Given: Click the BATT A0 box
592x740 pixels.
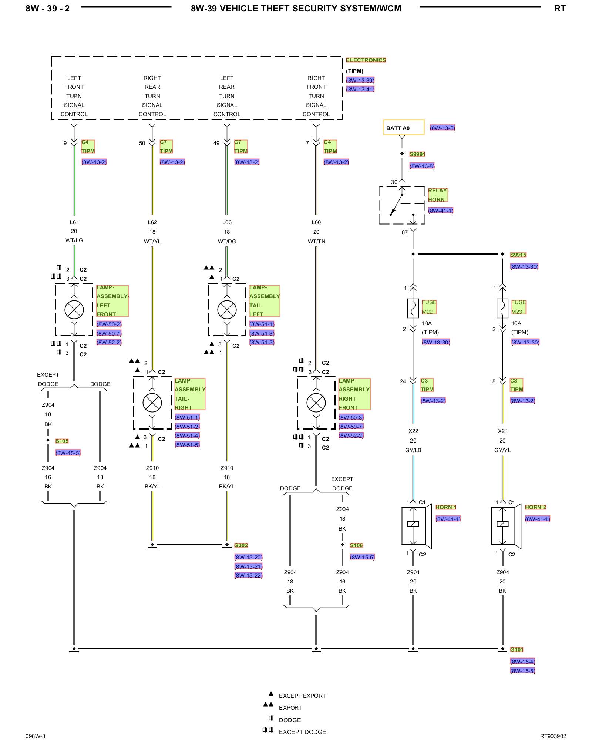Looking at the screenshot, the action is [403, 127].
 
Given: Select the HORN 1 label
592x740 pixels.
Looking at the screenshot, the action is [446, 507].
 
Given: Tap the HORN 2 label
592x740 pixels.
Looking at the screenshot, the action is [535, 507].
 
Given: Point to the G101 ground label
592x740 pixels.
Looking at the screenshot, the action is [517, 650].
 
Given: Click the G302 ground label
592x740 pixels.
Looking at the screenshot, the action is [241, 545].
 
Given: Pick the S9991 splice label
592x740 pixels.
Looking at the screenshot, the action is [417, 154].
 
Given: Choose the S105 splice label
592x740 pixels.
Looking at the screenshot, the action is [62, 441].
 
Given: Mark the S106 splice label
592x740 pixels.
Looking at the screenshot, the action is [356, 545].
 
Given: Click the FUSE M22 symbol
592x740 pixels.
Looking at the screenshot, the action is [413, 308].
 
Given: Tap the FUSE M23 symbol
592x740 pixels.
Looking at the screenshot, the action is [502, 308].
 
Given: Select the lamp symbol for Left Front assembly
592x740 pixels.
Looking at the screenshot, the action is [74, 310].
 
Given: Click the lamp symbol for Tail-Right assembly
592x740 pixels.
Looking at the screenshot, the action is [152, 403].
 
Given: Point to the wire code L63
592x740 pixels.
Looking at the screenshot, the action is [227, 222].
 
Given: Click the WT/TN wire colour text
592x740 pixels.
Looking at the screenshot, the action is [316, 242].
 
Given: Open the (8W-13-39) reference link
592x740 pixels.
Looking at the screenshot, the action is [360, 80].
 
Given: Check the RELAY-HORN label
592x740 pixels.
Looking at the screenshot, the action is [438, 195].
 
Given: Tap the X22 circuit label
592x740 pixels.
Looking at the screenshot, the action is [413, 431].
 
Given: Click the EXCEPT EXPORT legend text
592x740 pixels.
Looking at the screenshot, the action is [302, 696].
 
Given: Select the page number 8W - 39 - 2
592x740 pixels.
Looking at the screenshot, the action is [47, 9].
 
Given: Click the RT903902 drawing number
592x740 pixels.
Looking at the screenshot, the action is [553, 736].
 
